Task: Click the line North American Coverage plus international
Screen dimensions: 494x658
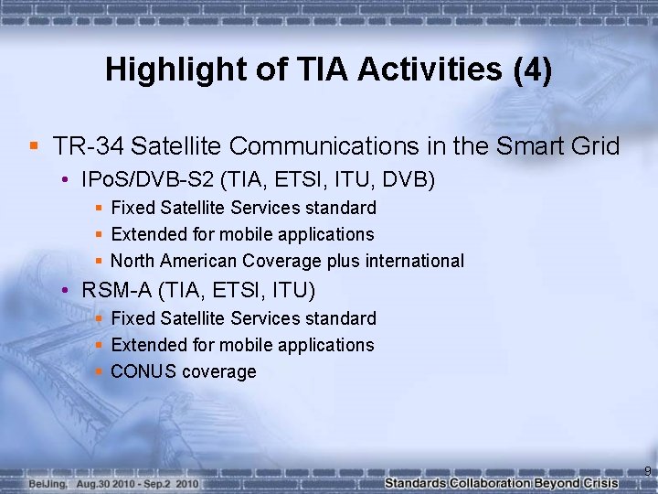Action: click(287, 261)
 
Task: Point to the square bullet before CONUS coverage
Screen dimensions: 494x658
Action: click(99, 371)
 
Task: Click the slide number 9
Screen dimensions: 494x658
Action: click(647, 472)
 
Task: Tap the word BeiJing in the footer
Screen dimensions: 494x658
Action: click(48, 483)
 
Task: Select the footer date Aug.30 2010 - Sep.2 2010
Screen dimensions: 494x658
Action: click(137, 483)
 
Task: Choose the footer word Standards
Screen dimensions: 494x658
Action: click(416, 483)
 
